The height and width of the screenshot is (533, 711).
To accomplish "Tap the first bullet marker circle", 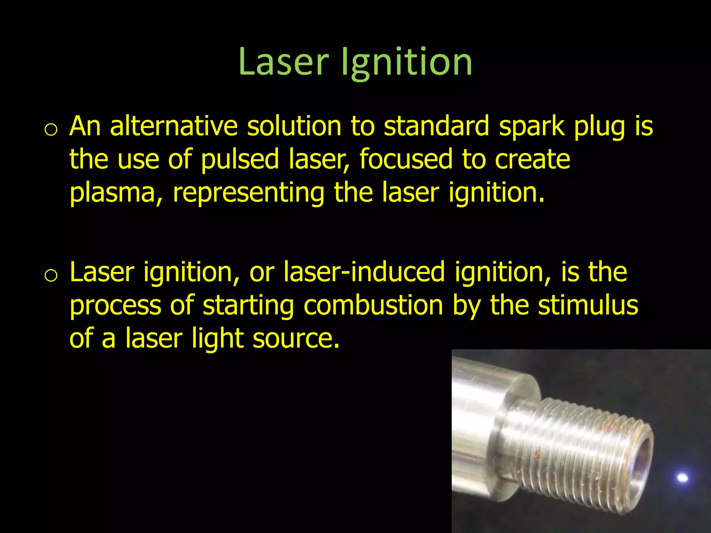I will [x=51, y=130].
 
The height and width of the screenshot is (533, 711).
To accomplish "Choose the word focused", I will [x=405, y=159].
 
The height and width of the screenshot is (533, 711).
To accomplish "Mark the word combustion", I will [x=373, y=305].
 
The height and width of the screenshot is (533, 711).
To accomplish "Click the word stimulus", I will [x=588, y=305].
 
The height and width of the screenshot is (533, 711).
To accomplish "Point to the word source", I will [x=296, y=339].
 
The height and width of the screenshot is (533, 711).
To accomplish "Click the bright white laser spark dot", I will [x=683, y=478].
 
